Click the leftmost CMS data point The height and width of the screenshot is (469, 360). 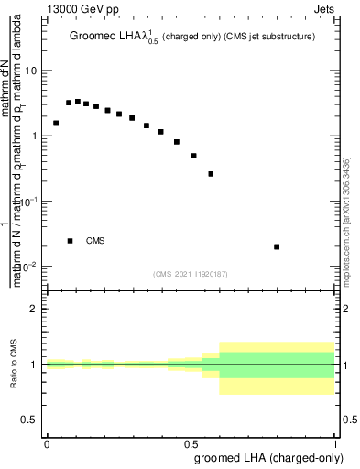(56, 123)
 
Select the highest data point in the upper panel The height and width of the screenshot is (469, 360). (78, 102)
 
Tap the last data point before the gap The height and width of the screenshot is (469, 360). (211, 174)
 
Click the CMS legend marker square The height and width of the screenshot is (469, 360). (70, 241)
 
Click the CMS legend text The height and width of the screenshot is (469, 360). (95, 241)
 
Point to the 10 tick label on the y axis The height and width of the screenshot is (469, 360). (32, 71)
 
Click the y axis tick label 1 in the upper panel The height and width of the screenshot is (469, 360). (35, 136)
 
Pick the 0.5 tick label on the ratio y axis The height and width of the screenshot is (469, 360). (30, 420)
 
